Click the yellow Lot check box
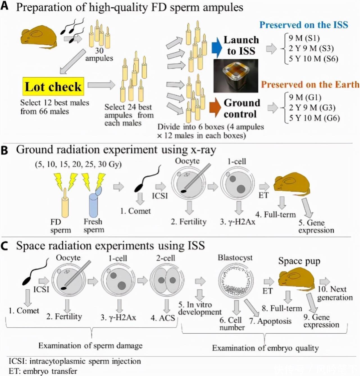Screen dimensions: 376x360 pos(53,86)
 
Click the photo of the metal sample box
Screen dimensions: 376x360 pos(236,76)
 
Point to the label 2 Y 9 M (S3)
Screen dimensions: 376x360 pos(311,48)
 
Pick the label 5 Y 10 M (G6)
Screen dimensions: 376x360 pos(314,118)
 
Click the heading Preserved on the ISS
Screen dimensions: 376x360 pos(304,25)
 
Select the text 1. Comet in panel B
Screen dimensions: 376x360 pos(135,211)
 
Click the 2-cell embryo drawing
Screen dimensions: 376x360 pos(167,280)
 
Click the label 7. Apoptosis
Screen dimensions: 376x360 pos(270,321)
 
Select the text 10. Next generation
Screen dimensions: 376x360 pos(335,293)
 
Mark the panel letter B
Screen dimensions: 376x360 pos(4,150)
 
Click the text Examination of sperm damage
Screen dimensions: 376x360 pos(90,345)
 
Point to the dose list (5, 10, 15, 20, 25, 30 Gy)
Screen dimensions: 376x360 pos(78,164)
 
